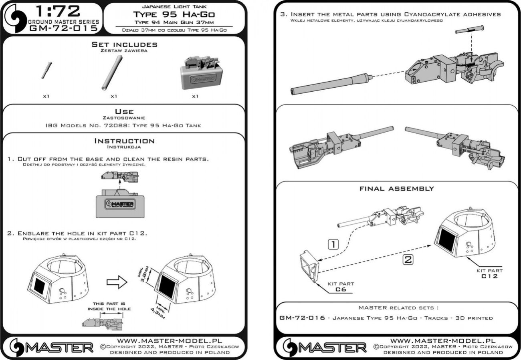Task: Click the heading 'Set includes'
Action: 124,45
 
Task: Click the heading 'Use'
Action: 124,111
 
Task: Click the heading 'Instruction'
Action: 124,141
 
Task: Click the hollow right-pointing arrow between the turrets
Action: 116,282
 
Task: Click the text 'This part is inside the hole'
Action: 109,306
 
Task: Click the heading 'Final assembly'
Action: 396,188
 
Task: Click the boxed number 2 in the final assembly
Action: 407,259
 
